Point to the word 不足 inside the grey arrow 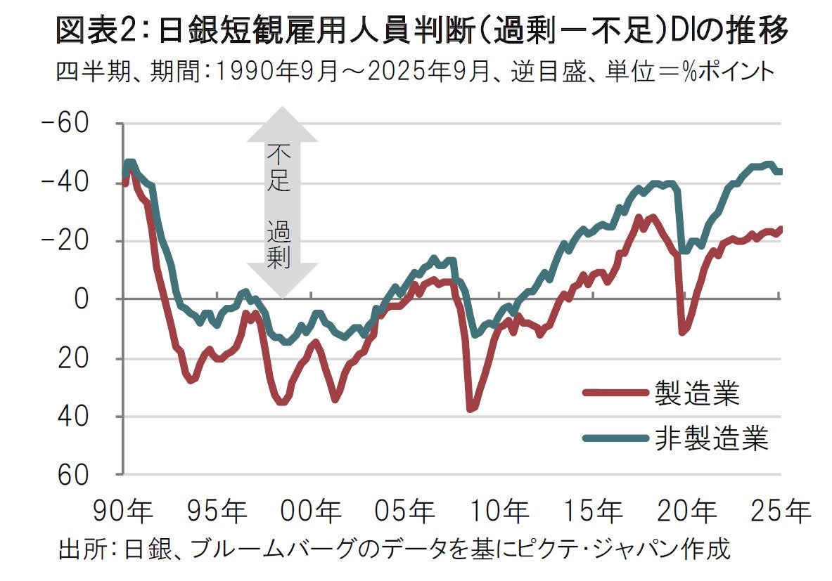[x=278, y=168]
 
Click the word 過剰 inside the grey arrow [x=278, y=243]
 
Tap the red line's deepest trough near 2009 [x=470, y=408]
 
